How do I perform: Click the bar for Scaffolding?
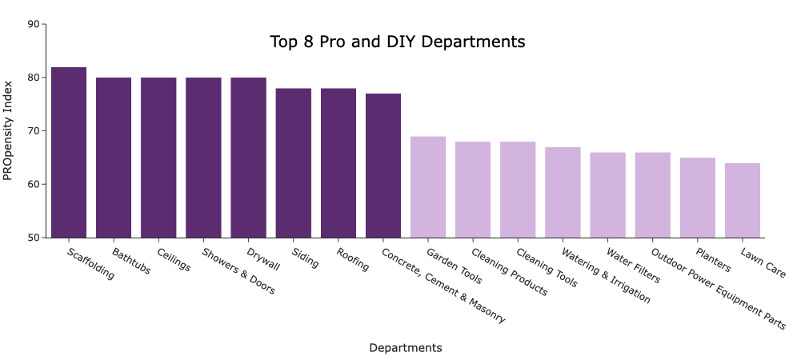[x=69, y=152]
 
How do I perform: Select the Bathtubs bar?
[x=114, y=158]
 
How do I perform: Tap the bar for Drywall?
[x=248, y=158]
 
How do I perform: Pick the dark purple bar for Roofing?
[x=338, y=162]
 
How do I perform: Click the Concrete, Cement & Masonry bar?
[x=383, y=166]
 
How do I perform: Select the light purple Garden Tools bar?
[x=428, y=187]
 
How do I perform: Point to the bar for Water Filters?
[x=607, y=195]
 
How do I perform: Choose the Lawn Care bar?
[x=743, y=200]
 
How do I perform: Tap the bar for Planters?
[x=698, y=198]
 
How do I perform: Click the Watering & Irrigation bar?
[x=563, y=192]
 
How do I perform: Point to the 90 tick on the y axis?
[x=33, y=24]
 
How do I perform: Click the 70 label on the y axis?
[x=33, y=131]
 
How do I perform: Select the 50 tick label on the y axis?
[x=33, y=238]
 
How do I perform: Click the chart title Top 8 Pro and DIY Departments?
[x=398, y=42]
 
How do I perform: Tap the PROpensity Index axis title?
[x=9, y=130]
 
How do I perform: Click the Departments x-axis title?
[x=405, y=348]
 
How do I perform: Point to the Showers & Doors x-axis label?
[x=238, y=271]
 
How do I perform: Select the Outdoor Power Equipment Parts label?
[x=718, y=288]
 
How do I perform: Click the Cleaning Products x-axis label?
[x=509, y=272]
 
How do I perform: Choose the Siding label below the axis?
[x=305, y=258]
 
